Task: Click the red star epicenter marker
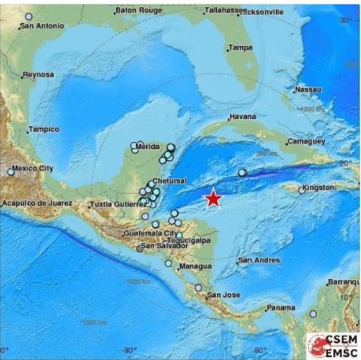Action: point(213,199)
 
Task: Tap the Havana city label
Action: point(242,117)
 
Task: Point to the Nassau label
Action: point(308,89)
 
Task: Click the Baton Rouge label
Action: point(138,11)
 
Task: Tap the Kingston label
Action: point(318,187)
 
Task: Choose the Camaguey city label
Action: point(306,141)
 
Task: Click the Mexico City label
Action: point(34,168)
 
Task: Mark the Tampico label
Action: point(42,129)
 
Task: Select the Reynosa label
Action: point(38,75)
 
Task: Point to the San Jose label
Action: point(222,295)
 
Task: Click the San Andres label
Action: point(259,260)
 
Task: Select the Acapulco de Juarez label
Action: point(37,203)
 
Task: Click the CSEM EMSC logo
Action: point(332,345)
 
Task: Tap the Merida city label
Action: point(147,146)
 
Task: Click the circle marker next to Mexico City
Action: point(11,171)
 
